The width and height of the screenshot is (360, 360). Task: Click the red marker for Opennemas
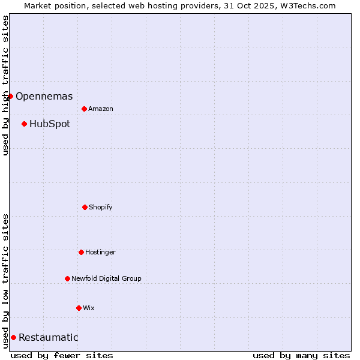point(10,96)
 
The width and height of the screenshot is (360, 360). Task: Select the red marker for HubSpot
point(24,124)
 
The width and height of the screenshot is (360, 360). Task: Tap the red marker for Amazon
point(84,109)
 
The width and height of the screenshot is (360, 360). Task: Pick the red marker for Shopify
point(85,207)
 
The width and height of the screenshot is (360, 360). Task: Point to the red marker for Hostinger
point(81,252)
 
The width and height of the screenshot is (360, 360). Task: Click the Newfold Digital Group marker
point(67,278)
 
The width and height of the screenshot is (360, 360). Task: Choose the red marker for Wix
point(79,308)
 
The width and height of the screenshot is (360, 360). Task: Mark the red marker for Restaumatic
point(13,337)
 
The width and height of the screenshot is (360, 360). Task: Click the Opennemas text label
point(44,96)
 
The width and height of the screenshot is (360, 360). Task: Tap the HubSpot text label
point(50,124)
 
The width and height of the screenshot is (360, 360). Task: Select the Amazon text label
point(101,109)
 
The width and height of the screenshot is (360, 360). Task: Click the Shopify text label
point(101,207)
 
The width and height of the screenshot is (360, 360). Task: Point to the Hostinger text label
point(100,252)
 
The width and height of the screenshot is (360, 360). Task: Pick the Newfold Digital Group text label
point(106,278)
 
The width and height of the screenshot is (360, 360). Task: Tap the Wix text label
point(89,308)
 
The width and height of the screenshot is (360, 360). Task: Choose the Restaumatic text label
point(48,337)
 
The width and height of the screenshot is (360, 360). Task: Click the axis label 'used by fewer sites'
point(62,355)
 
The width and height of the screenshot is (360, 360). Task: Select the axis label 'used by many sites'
point(301,355)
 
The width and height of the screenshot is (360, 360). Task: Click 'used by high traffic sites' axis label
point(5,85)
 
